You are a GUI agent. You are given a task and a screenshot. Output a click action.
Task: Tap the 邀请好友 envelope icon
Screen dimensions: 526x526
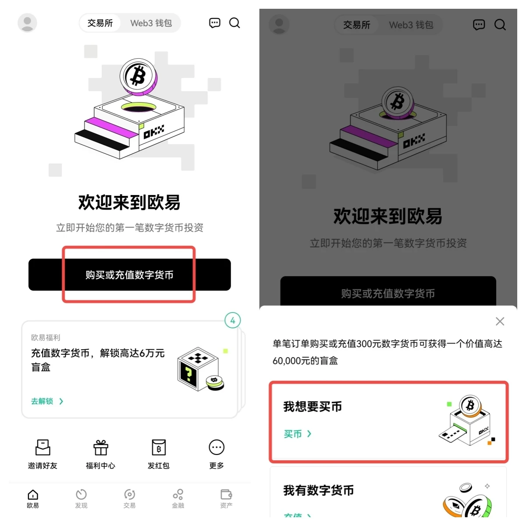pyautogui.click(x=43, y=448)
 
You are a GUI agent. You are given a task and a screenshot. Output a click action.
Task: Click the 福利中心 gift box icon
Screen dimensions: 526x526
pyautogui.click(x=100, y=448)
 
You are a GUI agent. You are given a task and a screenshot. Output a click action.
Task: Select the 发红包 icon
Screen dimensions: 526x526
pyautogui.click(x=158, y=448)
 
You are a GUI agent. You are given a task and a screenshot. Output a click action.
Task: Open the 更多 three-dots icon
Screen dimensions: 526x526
pyautogui.click(x=217, y=448)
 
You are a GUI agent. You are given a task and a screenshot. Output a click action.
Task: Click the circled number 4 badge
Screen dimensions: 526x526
pyautogui.click(x=233, y=320)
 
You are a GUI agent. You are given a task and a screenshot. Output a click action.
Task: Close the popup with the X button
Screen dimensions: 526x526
pyautogui.click(x=500, y=321)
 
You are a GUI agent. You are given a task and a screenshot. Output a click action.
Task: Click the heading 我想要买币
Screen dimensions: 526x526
pyautogui.click(x=313, y=407)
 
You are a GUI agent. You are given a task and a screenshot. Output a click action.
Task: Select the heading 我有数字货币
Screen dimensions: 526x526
pyautogui.click(x=319, y=490)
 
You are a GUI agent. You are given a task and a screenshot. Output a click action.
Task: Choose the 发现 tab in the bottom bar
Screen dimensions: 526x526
pyautogui.click(x=81, y=499)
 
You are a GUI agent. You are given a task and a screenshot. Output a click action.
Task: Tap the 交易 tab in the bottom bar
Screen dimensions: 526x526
pyautogui.click(x=129, y=499)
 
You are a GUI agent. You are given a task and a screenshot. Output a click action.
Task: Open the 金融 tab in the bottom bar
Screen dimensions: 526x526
pyautogui.click(x=178, y=499)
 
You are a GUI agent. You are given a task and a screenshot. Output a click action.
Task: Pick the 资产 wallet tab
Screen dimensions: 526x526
pyautogui.click(x=226, y=499)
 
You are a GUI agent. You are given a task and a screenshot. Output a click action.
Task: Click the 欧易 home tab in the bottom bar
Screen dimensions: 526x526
pyautogui.click(x=33, y=499)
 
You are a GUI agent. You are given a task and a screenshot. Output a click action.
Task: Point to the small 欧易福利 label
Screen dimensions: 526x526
pyautogui.click(x=46, y=338)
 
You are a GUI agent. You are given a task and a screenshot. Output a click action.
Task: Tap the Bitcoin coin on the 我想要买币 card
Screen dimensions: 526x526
pyautogui.click(x=470, y=405)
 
